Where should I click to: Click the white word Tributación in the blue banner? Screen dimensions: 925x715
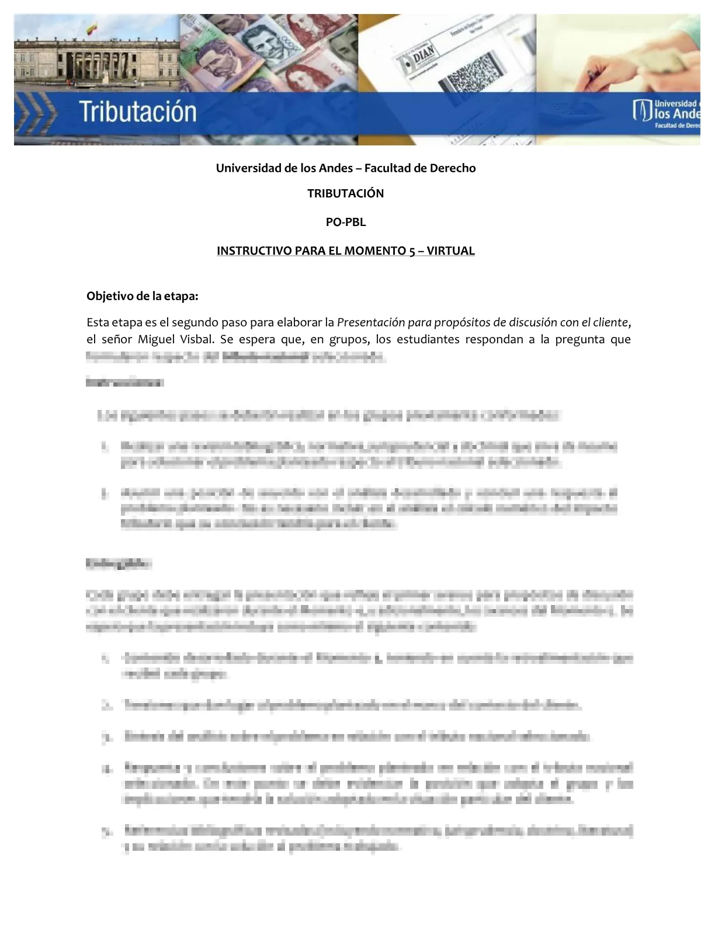pyautogui.click(x=138, y=112)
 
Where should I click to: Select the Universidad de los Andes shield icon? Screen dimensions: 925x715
pyautogui.click(x=642, y=110)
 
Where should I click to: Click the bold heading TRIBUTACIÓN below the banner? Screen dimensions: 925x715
pyautogui.click(x=345, y=194)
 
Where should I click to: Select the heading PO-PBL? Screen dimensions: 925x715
pyautogui.click(x=345, y=222)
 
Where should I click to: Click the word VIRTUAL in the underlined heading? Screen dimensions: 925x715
pyautogui.click(x=450, y=251)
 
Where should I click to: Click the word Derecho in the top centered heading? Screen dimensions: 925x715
pyautogui.click(x=453, y=168)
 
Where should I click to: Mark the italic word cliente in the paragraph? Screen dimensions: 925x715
pyautogui.click(x=610, y=322)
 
